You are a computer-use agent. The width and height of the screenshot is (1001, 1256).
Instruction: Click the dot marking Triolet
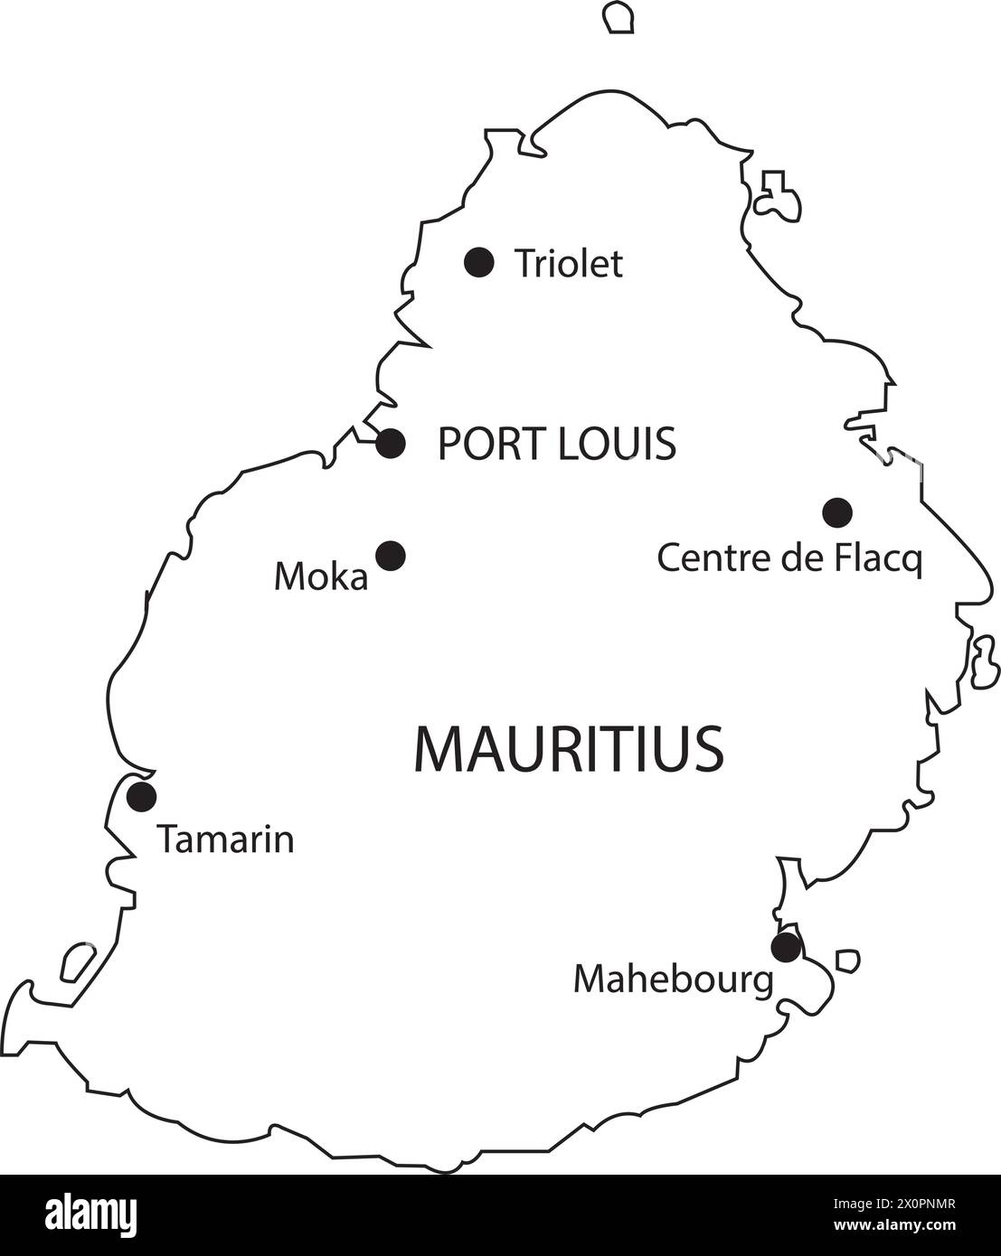[x=478, y=262]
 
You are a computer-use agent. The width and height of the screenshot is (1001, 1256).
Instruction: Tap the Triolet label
[x=568, y=264]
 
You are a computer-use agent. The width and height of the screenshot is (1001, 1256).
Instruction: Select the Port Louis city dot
[x=391, y=444]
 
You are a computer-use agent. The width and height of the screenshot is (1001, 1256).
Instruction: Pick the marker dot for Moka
[x=391, y=556]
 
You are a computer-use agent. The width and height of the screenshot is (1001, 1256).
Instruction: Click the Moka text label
[x=321, y=576]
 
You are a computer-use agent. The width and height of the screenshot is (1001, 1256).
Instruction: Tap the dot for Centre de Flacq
[x=837, y=512]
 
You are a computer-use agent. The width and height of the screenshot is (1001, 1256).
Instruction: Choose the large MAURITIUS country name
[x=569, y=748]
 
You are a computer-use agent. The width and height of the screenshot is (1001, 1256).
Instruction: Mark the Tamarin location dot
[x=141, y=797]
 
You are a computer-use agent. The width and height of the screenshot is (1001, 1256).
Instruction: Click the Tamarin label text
[x=226, y=839]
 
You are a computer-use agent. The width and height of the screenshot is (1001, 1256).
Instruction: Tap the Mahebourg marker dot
[x=786, y=948]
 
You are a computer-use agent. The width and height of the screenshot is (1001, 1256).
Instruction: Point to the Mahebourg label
[x=674, y=979]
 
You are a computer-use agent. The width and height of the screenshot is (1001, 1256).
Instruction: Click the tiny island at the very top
[x=619, y=17]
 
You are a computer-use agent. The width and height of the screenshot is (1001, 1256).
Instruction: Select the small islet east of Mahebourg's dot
[x=847, y=960]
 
